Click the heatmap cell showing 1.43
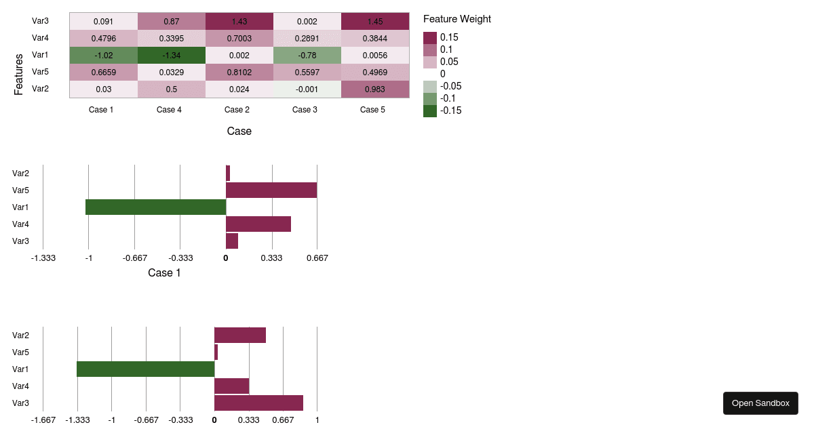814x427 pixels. (239, 21)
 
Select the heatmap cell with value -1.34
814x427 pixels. (171, 55)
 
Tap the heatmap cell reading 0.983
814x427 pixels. (374, 89)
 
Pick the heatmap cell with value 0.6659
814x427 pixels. (103, 72)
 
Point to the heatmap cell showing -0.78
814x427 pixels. (307, 55)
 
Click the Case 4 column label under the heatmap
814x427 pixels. (169, 110)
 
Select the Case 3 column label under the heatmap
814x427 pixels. (305, 110)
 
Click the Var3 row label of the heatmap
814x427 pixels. (40, 21)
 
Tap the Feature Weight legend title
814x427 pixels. (457, 19)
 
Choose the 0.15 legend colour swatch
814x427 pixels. (430, 38)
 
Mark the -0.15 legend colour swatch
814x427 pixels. (430, 111)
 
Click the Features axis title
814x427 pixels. (19, 75)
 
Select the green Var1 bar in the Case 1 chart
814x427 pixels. (155, 207)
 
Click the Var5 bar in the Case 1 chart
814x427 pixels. (271, 190)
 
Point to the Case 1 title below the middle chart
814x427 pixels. (164, 273)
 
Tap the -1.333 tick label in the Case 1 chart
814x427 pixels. (43, 258)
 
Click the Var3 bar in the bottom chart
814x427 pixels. (258, 403)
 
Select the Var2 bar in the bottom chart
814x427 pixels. (240, 335)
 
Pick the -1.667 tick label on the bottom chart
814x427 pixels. (43, 420)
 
